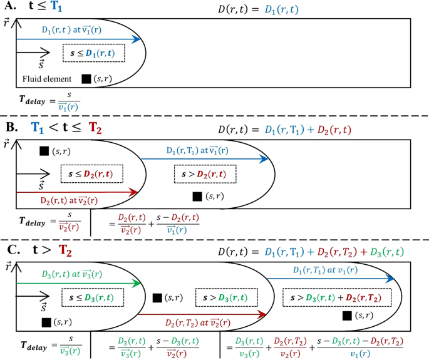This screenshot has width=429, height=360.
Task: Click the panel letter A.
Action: (x=8, y=8)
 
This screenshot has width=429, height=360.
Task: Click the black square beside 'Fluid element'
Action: (x=86, y=79)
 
